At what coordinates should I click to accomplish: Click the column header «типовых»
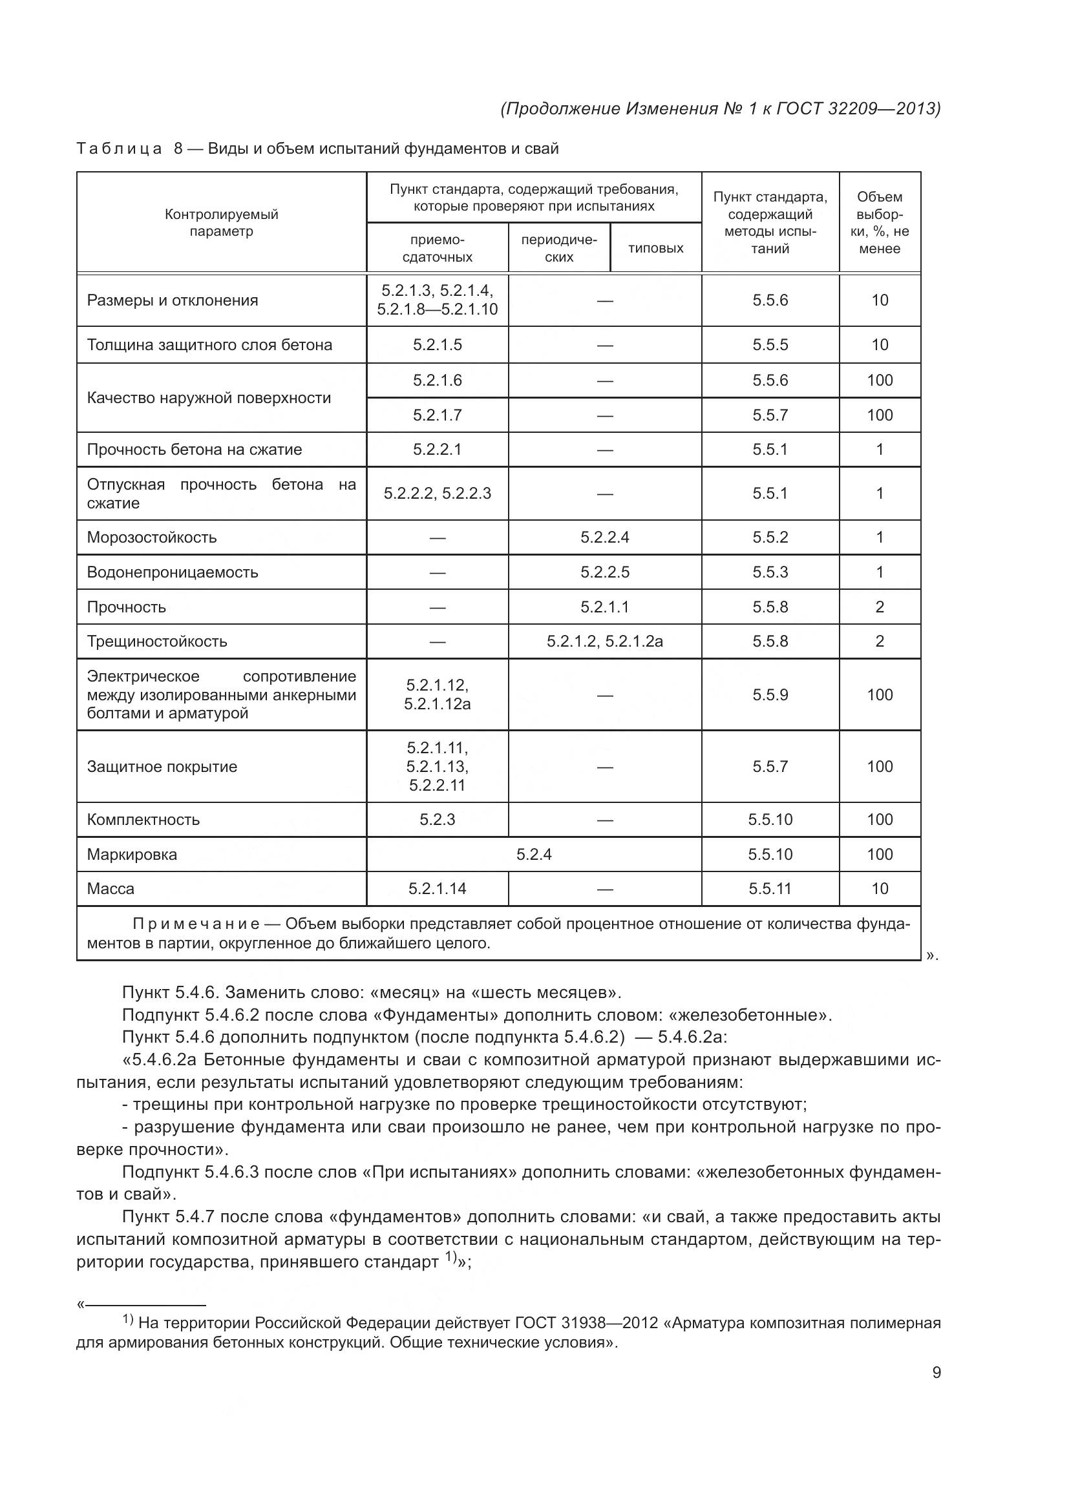pyautogui.click(x=655, y=248)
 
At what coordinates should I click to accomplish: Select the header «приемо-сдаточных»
pyautogui.click(x=437, y=248)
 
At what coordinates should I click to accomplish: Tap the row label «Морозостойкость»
pyautogui.click(x=151, y=537)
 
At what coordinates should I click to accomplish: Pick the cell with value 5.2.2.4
pyautogui.click(x=604, y=537)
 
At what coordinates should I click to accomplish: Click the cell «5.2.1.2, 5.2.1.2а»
pyautogui.click(x=604, y=641)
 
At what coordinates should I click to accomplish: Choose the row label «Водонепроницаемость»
pyautogui.click(x=173, y=572)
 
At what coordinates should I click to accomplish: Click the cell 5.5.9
pyautogui.click(x=770, y=695)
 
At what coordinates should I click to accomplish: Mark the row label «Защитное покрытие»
pyautogui.click(x=162, y=767)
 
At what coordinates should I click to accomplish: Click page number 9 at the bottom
pyautogui.click(x=936, y=1372)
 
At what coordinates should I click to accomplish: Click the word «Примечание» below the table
pyautogui.click(x=196, y=924)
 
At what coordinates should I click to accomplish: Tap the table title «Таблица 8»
pyautogui.click(x=129, y=149)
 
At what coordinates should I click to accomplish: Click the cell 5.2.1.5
pyautogui.click(x=437, y=345)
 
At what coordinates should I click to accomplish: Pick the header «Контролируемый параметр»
pyautogui.click(x=221, y=222)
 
